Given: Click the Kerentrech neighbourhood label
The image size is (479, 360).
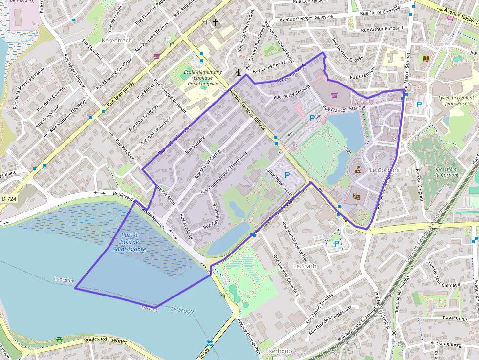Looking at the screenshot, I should [x=116, y=40].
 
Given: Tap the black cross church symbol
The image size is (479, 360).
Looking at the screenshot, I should [x=215, y=22].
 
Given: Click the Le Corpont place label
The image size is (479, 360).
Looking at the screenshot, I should [x=385, y=170].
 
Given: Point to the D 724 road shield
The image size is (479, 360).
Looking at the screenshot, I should [x=9, y=199].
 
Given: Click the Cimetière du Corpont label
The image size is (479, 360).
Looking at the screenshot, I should [x=446, y=171].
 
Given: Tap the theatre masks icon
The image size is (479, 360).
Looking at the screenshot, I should [x=357, y=196].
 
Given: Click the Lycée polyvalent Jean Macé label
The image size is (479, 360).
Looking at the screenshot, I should [x=456, y=100].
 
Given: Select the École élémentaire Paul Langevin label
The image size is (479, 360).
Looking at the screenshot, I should [x=202, y=78].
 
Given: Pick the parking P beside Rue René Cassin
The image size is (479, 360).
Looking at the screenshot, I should [x=287, y=175].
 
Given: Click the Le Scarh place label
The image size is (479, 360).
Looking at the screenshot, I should [x=305, y=266].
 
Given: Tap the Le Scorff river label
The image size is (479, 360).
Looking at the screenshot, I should [x=183, y=310].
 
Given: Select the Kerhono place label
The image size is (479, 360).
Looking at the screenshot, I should [x=280, y=351].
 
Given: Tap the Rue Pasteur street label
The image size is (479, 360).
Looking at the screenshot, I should [x=456, y=318].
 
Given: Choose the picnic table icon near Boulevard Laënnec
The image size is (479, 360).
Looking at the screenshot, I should [x=59, y=339].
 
